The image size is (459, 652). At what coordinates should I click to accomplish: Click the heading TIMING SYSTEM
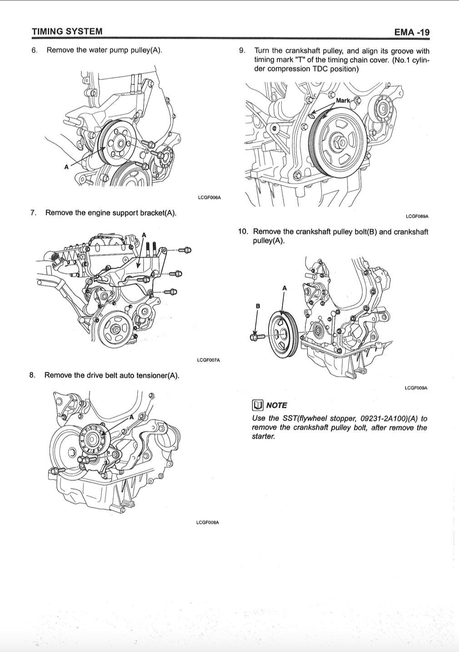(x=67, y=31)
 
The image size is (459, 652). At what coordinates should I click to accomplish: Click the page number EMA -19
(x=412, y=32)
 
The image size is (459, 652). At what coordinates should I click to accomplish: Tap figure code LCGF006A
(x=209, y=197)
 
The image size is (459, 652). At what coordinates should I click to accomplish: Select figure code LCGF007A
(x=209, y=360)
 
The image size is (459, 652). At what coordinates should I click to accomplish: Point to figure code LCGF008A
(x=208, y=522)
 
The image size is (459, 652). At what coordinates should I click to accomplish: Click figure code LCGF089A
(x=417, y=216)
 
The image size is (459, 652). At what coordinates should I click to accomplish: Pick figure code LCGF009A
(x=416, y=388)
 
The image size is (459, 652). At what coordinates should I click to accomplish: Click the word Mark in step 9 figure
(x=343, y=100)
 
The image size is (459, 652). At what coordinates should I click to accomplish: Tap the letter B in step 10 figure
(x=258, y=306)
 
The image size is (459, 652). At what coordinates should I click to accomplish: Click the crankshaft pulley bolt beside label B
(x=257, y=337)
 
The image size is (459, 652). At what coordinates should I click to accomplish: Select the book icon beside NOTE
(x=258, y=405)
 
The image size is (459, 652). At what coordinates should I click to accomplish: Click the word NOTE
(x=277, y=406)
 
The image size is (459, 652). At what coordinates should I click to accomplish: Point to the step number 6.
(x=34, y=50)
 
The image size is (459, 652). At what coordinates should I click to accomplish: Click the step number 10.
(x=243, y=231)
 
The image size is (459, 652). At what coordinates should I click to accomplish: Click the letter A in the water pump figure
(x=66, y=167)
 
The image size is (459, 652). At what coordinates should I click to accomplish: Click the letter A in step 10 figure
(x=284, y=288)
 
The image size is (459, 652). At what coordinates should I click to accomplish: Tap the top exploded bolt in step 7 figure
(x=185, y=250)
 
